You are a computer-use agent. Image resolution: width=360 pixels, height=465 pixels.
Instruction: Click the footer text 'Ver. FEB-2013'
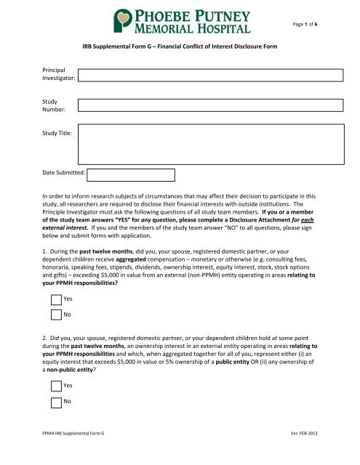point(323,452)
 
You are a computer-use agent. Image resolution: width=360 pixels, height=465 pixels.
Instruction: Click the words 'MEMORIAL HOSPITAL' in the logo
point(194,28)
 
